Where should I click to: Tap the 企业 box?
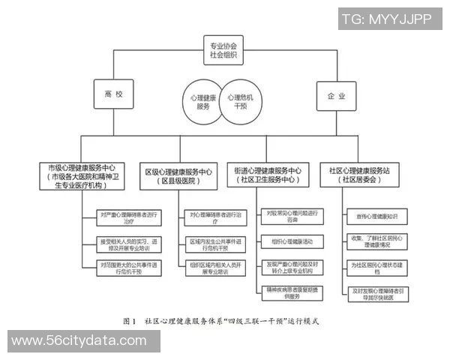pos(337,96)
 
